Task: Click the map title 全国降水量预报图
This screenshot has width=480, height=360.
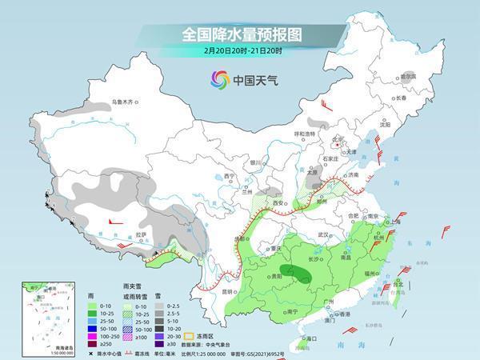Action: pos(239,34)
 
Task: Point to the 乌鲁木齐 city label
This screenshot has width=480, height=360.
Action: pos(125,102)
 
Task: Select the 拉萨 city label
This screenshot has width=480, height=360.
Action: pos(141,234)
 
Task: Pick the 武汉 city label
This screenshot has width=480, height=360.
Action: pos(323,234)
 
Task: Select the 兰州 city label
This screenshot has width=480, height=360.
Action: pos(246,192)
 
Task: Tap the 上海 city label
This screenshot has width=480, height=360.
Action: pos(393,222)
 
